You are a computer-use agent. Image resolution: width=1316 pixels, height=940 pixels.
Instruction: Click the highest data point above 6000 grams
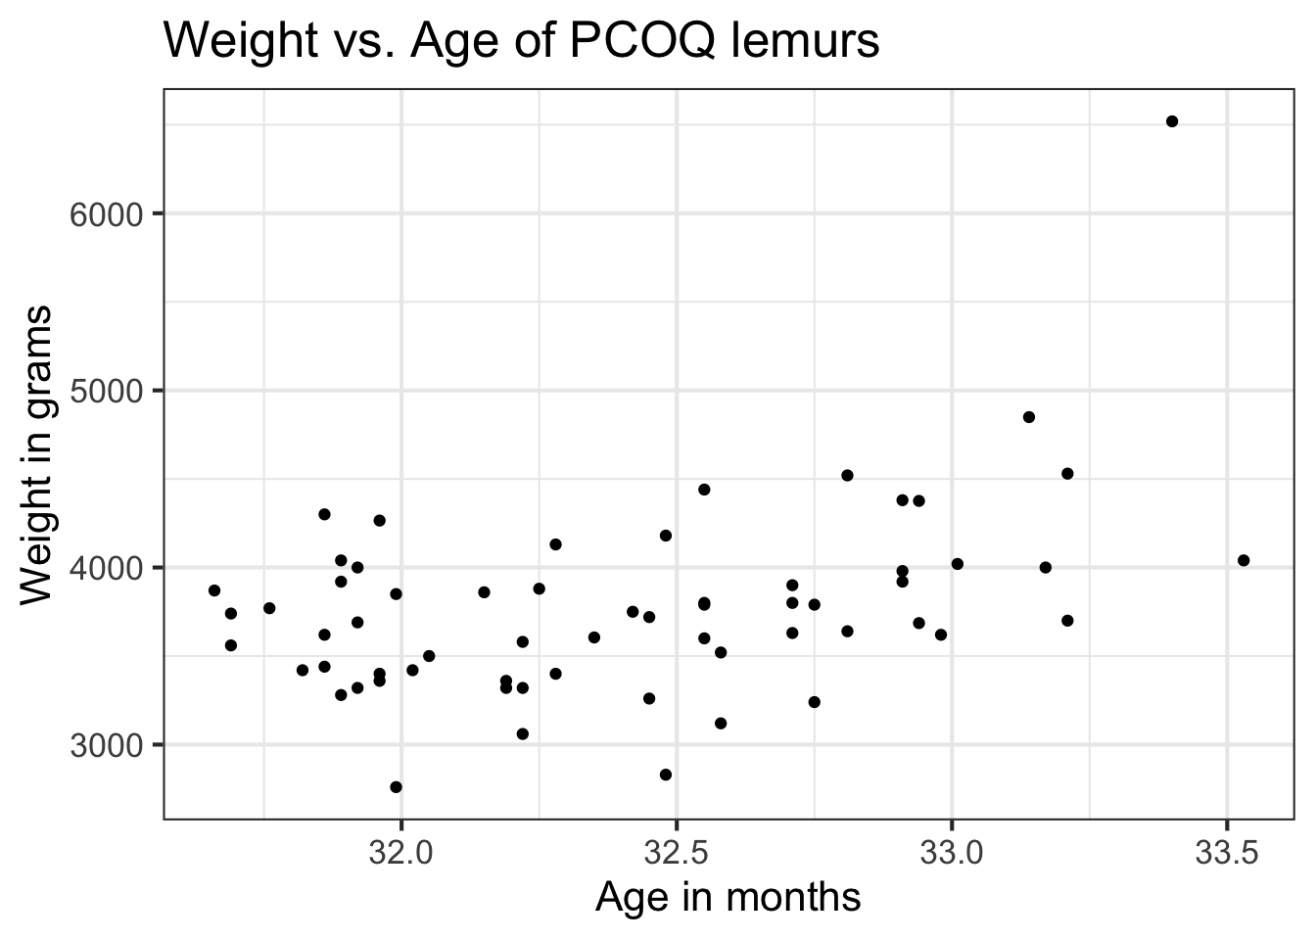[x=1172, y=121]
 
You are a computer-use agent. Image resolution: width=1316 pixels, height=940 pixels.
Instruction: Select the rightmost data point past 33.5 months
[x=1244, y=560]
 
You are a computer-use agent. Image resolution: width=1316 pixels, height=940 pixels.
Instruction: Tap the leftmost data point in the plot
[x=214, y=590]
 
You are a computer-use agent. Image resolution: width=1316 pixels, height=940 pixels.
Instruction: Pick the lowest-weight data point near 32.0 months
[x=396, y=786]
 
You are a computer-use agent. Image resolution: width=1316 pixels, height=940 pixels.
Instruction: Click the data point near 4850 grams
[x=1029, y=417]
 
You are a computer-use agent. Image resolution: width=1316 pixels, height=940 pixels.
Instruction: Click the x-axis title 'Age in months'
[x=728, y=897]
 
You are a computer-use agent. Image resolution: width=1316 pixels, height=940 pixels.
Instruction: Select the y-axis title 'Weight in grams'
[x=39, y=453]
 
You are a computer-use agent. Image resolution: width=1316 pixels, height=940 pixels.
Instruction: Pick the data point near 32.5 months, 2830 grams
[x=666, y=775]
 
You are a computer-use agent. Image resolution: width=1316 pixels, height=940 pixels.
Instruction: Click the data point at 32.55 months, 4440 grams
[x=704, y=490]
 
